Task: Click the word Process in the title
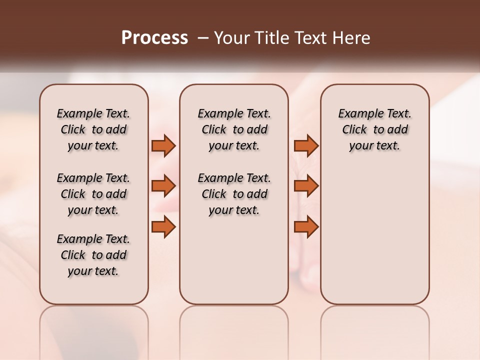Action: [154, 37]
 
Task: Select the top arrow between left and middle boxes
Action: [163, 145]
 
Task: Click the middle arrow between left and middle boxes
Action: [163, 186]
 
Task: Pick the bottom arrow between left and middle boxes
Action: [163, 227]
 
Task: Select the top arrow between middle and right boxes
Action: [306, 145]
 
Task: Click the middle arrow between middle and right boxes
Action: [306, 186]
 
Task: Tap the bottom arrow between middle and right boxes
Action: [306, 227]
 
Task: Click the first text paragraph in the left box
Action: [93, 129]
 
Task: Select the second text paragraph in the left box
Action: [93, 194]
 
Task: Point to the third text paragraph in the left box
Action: [93, 255]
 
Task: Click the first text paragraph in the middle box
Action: [234, 129]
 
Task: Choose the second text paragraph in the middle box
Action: [234, 194]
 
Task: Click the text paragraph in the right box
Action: [375, 129]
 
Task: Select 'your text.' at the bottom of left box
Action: [93, 271]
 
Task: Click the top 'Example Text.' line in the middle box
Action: [234, 114]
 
